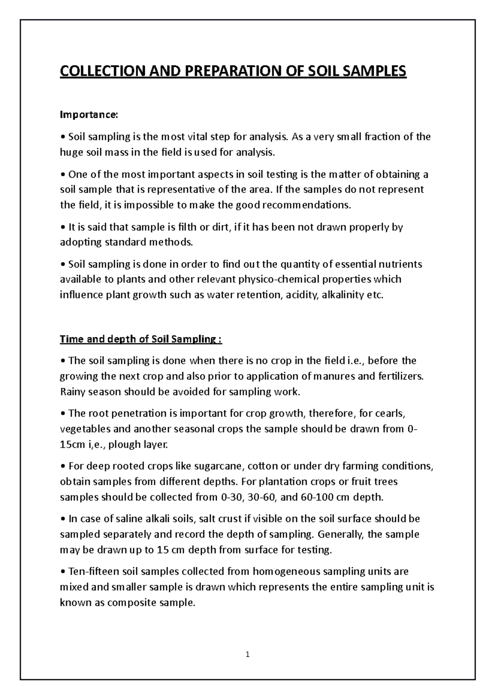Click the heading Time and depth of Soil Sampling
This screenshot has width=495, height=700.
coord(141,339)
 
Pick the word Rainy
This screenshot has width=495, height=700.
coord(73,392)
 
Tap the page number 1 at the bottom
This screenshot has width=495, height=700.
coord(247,654)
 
